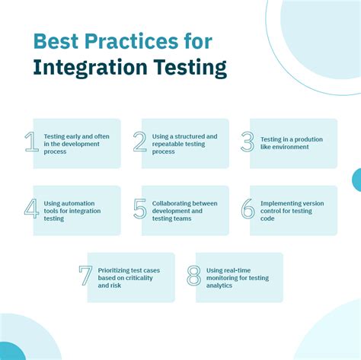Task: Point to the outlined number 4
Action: tap(31, 209)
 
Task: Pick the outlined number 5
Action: tap(139, 209)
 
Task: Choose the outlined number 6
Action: tap(248, 209)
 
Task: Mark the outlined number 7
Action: tap(85, 275)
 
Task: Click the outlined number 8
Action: tap(193, 275)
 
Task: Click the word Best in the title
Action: tap(56, 40)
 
